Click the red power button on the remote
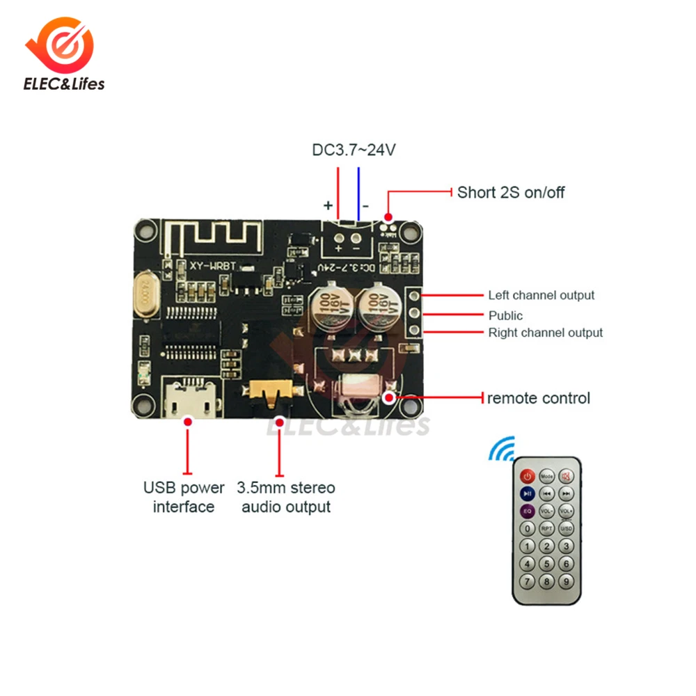[527, 477]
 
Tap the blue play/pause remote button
[527, 494]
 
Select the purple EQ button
[527, 512]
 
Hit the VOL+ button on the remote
[567, 512]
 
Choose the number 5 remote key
[547, 564]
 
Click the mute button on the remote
[567, 477]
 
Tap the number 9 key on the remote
[567, 581]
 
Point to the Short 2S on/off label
[511, 192]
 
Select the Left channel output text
[541, 295]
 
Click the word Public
[505, 315]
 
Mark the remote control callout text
[538, 398]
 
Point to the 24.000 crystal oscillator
[144, 296]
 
